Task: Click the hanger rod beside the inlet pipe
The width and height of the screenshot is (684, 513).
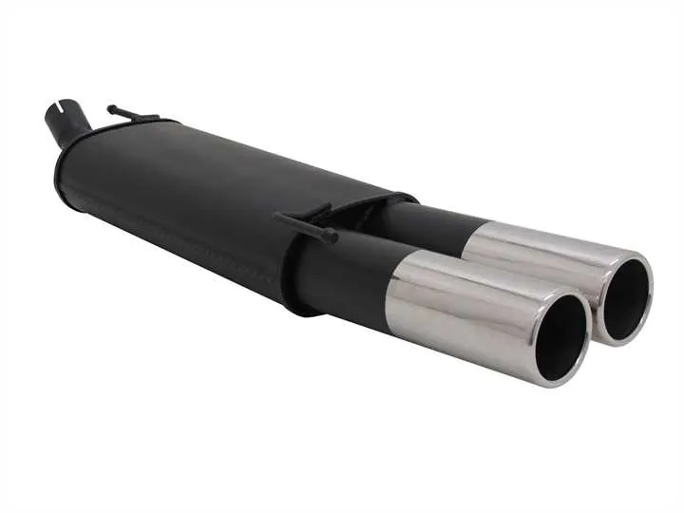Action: pyautogui.click(x=133, y=115)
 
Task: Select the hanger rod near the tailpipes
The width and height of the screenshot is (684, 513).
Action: pyautogui.click(x=304, y=224)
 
